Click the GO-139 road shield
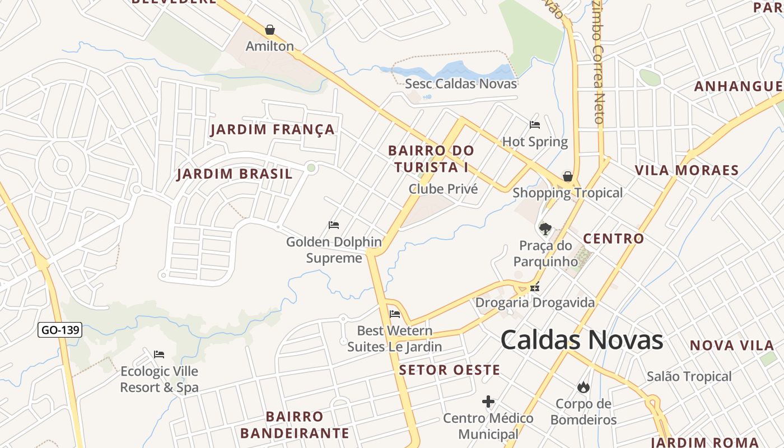[x=60, y=330]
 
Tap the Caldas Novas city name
[x=581, y=340]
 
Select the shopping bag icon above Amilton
[x=270, y=30]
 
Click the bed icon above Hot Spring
[x=535, y=125]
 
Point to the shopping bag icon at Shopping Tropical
[x=568, y=177]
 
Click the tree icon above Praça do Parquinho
[x=545, y=228]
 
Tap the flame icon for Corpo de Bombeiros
[x=583, y=387]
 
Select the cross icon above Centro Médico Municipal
[x=488, y=402]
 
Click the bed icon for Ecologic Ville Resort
[x=159, y=354]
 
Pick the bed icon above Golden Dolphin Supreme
[x=334, y=225]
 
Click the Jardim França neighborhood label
[x=273, y=130]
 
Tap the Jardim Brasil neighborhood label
[x=235, y=174]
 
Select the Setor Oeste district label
[x=449, y=370]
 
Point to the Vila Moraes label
[x=687, y=170]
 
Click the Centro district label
[x=613, y=239]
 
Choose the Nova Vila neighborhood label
[x=727, y=345]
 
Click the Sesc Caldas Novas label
[x=461, y=84]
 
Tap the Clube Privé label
[x=443, y=189]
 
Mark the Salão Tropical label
[x=689, y=376]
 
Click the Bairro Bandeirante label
[x=295, y=424]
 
